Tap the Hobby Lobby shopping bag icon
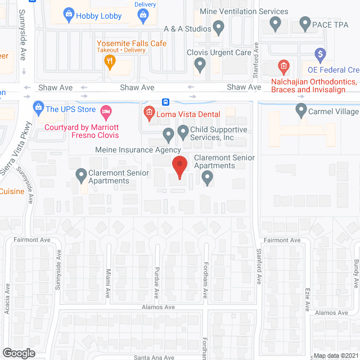pyautogui.click(x=69, y=15)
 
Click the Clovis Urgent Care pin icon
pyautogui.click(x=200, y=65)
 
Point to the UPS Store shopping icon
pyautogui.click(x=38, y=106)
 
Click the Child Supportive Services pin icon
pyautogui.click(x=183, y=133)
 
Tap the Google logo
pyautogui.click(x=19, y=353)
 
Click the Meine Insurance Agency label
pyautogui.click(x=138, y=150)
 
